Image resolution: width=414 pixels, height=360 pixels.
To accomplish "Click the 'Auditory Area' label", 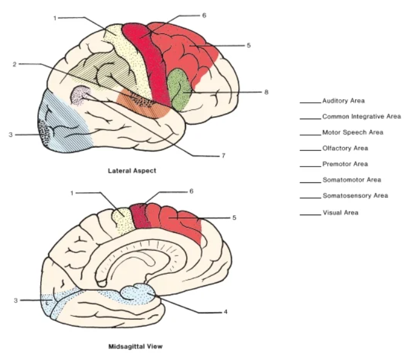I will click(x=343, y=101).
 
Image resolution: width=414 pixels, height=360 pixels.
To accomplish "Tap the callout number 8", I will click(x=266, y=92).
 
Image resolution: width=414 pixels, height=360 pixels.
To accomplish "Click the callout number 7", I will click(x=223, y=156).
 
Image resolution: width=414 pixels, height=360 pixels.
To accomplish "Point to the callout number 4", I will click(x=225, y=313).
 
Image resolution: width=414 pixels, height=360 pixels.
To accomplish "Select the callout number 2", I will click(x=13, y=63).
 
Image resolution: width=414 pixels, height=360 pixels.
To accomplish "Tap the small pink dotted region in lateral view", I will click(x=81, y=95).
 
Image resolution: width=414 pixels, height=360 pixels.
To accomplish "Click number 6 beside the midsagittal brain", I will click(x=191, y=191).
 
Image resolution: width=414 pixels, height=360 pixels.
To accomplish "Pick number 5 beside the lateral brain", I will click(x=249, y=45).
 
